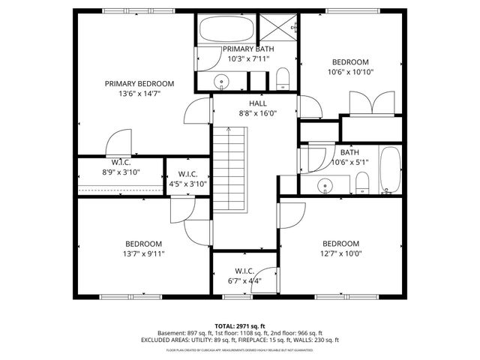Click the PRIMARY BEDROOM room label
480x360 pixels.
click(139, 83)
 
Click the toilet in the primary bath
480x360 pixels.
click(283, 77)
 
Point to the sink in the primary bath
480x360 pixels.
click(222, 81)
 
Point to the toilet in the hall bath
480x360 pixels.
click(362, 181)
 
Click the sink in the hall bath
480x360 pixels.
click(326, 184)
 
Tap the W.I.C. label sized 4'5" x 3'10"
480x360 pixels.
click(187, 174)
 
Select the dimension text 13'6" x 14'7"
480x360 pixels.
click(139, 94)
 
